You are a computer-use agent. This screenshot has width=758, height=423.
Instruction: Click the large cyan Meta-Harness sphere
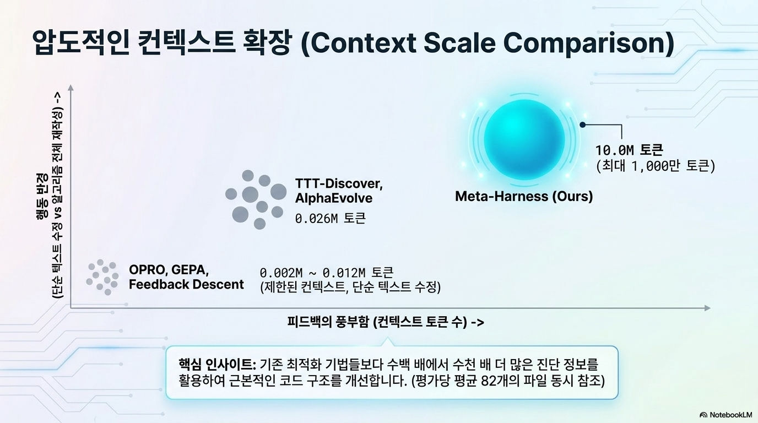(524, 139)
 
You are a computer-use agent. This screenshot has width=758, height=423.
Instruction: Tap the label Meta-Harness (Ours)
(524, 196)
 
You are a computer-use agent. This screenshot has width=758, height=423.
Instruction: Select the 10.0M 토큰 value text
(629, 150)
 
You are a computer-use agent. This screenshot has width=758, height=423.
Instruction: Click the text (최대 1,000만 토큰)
(656, 166)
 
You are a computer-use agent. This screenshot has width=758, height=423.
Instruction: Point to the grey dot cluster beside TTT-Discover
(256, 199)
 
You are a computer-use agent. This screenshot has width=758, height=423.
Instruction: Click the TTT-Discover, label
(339, 184)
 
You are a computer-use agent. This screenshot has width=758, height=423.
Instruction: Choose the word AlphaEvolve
(334, 198)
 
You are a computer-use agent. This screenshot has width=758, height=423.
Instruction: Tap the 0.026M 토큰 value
(331, 219)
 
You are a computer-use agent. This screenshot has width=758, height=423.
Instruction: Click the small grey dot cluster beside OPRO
(102, 277)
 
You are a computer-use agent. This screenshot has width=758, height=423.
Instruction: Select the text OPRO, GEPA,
(169, 270)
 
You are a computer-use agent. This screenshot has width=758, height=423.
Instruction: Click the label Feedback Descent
(186, 284)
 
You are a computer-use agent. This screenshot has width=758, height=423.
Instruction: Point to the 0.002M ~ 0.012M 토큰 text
(327, 273)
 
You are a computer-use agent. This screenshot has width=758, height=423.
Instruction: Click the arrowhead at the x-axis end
(707, 308)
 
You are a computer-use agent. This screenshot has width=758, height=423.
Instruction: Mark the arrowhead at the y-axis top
(71, 88)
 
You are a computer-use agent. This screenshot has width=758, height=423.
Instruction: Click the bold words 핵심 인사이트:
(218, 365)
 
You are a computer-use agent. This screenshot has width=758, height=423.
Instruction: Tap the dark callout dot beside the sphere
(582, 125)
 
